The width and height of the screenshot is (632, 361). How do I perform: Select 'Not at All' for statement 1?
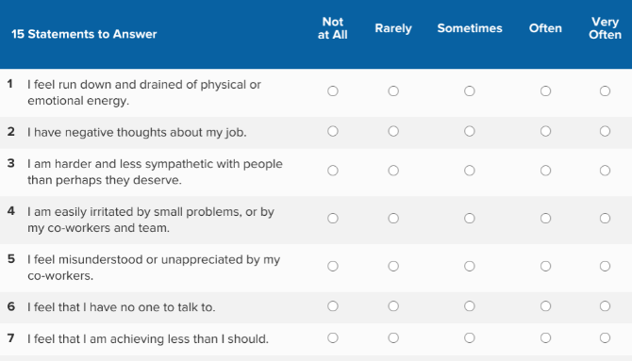coord(332,91)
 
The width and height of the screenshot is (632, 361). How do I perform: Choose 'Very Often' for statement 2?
coord(605,132)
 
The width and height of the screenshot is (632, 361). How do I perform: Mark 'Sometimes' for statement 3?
coord(469,172)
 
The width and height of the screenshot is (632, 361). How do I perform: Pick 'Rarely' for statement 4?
coord(393,219)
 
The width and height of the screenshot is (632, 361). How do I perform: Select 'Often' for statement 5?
coord(545,267)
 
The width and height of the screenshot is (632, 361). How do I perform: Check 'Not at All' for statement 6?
coord(332,306)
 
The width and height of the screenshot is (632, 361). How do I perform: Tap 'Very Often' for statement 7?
coord(605,338)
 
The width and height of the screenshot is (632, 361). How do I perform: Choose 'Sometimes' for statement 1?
coord(469,91)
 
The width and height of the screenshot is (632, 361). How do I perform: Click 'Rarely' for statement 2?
coord(393,132)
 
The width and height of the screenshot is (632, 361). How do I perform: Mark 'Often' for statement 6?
coord(545,306)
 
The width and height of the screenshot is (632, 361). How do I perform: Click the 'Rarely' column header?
coord(393,28)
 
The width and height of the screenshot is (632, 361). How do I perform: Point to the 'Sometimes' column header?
coord(470,28)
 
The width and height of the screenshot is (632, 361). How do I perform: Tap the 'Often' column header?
coord(545,28)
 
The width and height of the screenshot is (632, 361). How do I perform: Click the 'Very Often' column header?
coord(605,28)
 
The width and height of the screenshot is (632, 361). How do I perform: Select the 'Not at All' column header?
coord(333,28)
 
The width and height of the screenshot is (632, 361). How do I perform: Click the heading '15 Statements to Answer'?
coord(84,35)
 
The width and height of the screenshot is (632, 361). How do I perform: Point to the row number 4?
coord(10,211)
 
